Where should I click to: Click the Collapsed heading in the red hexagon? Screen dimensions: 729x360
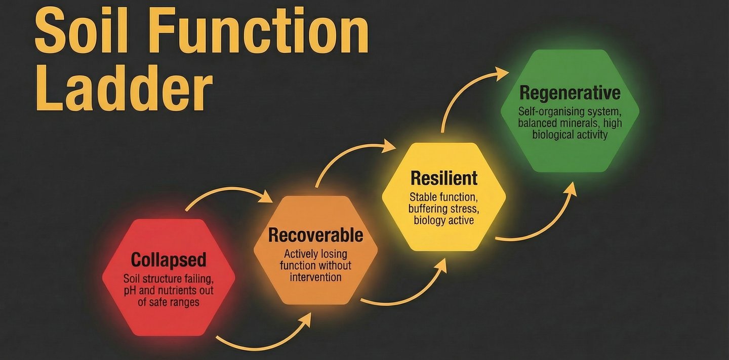(169, 260)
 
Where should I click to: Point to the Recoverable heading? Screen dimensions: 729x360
(315, 235)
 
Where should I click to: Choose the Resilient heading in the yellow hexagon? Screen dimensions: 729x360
(444, 178)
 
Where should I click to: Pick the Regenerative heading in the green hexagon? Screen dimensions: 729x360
(570, 93)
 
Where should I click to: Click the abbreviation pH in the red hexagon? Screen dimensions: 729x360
(130, 291)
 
